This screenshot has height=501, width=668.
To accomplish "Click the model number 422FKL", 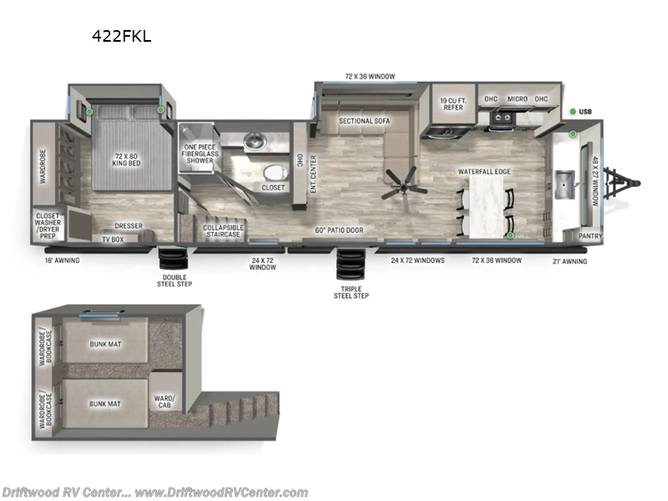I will tap(122, 36).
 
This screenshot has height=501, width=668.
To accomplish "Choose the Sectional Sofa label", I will tap(364, 121).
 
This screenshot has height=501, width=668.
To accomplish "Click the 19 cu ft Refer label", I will tap(452, 105).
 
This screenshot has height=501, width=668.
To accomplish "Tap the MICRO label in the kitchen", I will tap(517, 99).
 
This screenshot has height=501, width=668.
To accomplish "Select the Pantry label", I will tap(590, 236).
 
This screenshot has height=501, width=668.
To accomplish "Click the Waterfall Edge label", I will tap(483, 172).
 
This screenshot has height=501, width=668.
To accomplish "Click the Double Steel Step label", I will tap(175, 281).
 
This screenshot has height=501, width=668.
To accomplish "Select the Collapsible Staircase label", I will tap(223, 230).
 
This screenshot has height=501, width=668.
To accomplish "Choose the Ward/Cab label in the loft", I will tap(164, 402).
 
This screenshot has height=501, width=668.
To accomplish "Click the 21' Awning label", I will tap(570, 261).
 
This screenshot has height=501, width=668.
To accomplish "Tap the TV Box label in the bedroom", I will tap(112, 240).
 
